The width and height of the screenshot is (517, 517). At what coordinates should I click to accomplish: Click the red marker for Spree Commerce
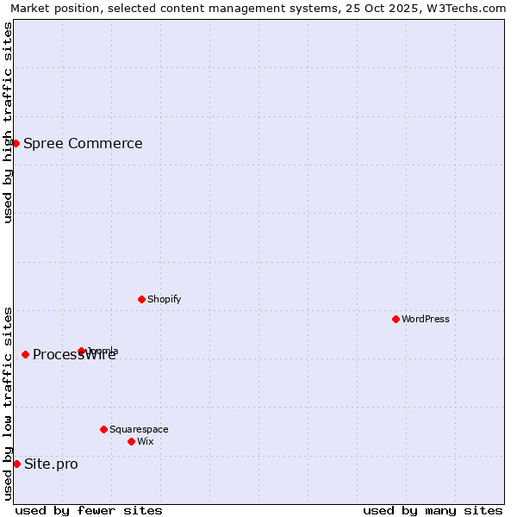click(16, 143)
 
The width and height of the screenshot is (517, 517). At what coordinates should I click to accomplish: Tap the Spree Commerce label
click(83, 144)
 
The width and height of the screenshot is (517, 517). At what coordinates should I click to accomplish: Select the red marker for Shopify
click(141, 299)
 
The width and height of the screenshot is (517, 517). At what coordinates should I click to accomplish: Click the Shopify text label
click(164, 300)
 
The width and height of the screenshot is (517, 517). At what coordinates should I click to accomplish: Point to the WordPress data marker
click(396, 319)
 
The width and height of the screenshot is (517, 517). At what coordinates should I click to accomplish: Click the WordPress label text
click(426, 319)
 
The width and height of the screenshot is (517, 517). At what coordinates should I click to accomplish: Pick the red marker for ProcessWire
click(25, 354)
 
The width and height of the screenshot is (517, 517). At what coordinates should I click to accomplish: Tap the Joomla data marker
click(82, 351)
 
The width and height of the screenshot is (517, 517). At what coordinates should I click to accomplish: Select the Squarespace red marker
click(103, 429)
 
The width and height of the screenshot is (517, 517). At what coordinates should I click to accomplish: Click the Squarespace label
click(139, 429)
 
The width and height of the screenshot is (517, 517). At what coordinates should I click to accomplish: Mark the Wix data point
click(131, 441)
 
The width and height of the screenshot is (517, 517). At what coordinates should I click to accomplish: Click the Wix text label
click(146, 442)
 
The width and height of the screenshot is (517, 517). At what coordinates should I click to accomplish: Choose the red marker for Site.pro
click(16, 464)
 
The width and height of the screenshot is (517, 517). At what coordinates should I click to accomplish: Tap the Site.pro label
click(51, 464)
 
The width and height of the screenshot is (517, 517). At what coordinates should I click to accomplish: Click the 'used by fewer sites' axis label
click(89, 510)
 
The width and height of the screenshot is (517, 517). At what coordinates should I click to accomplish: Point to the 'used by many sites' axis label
click(433, 510)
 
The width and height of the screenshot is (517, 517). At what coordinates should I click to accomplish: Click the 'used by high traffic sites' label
click(8, 122)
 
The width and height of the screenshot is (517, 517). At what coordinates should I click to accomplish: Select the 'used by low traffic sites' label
click(8, 403)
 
